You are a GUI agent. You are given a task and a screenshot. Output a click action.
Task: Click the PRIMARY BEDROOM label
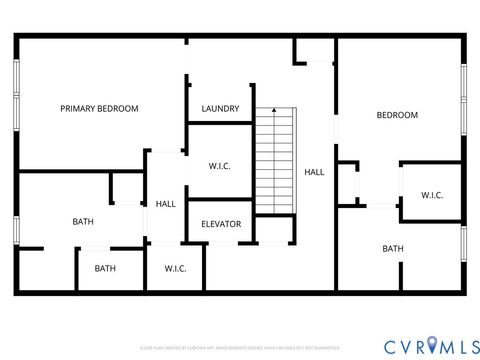99,108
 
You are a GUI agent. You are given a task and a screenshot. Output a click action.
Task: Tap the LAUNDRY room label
219,108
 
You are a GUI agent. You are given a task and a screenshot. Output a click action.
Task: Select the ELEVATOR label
220,224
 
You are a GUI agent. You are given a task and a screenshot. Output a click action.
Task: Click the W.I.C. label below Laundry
220,166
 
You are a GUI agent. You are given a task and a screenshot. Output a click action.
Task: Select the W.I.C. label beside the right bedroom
432,195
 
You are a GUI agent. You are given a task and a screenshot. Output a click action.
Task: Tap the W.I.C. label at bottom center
176,268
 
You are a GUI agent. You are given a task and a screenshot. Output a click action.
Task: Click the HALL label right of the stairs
314,172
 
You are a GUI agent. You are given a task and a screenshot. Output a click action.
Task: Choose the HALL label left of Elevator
166,204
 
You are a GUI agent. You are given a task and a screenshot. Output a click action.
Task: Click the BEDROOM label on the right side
396,115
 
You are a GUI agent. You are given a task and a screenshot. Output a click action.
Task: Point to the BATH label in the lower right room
392,248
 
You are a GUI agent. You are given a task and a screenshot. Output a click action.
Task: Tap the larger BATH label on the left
83,221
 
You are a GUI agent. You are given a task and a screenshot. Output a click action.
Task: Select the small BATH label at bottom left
105,268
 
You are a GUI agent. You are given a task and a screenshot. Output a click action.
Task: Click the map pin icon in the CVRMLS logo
433,345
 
